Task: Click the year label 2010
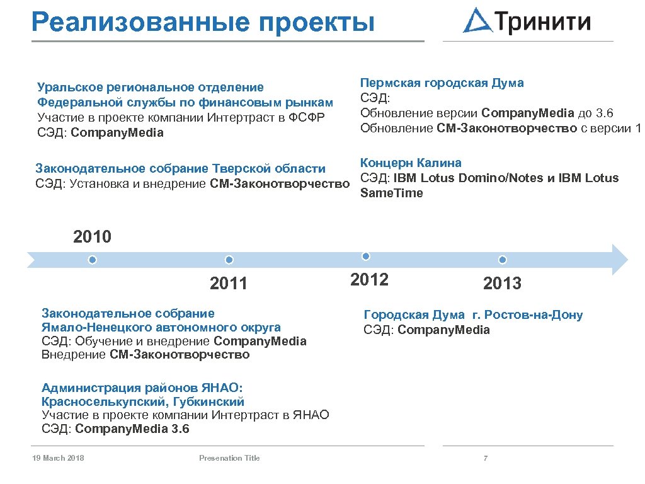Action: point(92,238)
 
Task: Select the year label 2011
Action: point(229,284)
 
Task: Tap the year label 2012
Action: point(369,280)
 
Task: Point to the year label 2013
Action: point(502,284)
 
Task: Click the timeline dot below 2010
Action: point(93,260)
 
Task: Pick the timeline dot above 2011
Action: point(229,260)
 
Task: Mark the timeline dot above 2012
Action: point(366,256)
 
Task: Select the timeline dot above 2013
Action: point(502,260)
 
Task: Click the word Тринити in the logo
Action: point(544,22)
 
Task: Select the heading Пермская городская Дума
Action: point(442,83)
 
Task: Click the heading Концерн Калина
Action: point(411,163)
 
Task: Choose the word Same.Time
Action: point(391,193)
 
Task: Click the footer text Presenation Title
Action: point(229,458)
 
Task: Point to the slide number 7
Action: point(485,458)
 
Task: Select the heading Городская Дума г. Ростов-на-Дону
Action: point(473,315)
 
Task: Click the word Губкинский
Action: point(208,401)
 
